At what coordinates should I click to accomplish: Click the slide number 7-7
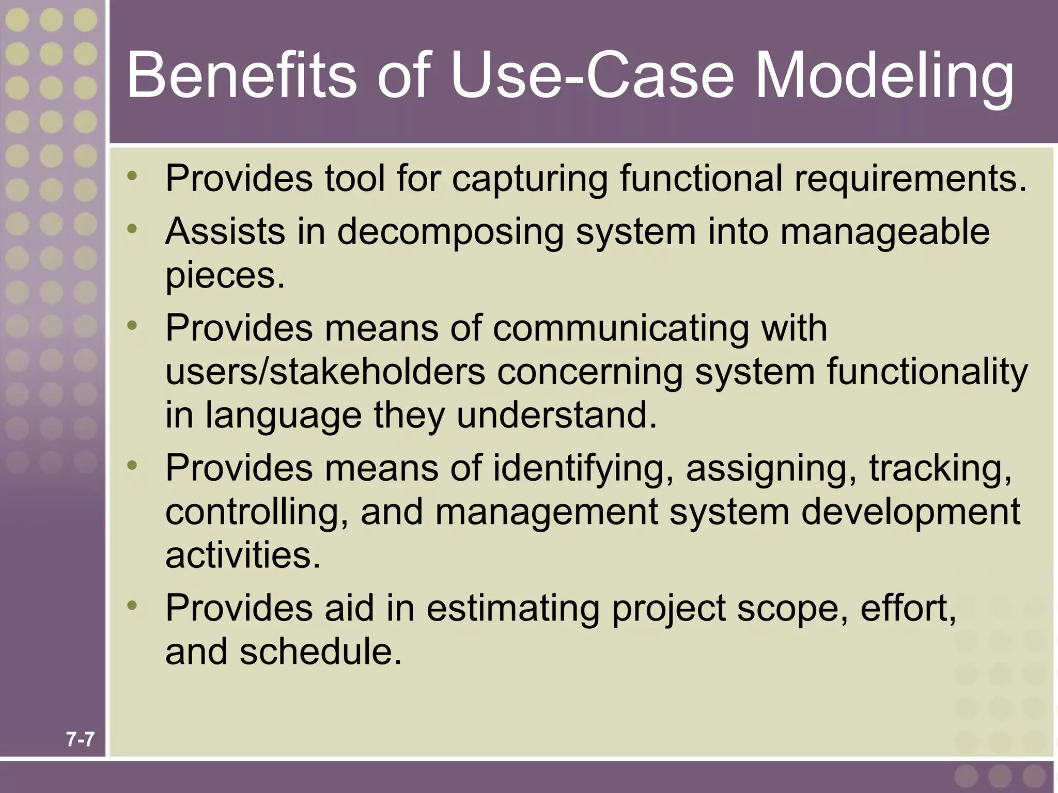click(80, 740)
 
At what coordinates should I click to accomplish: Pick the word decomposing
click(450, 232)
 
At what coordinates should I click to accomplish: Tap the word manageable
click(884, 232)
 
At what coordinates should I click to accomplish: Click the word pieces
click(225, 276)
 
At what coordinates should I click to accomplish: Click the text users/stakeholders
click(325, 372)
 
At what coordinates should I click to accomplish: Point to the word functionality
click(927, 373)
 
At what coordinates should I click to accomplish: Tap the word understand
click(556, 415)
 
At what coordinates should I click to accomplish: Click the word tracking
click(940, 469)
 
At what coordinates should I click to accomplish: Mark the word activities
click(243, 555)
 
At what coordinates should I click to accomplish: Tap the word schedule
click(320, 652)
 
